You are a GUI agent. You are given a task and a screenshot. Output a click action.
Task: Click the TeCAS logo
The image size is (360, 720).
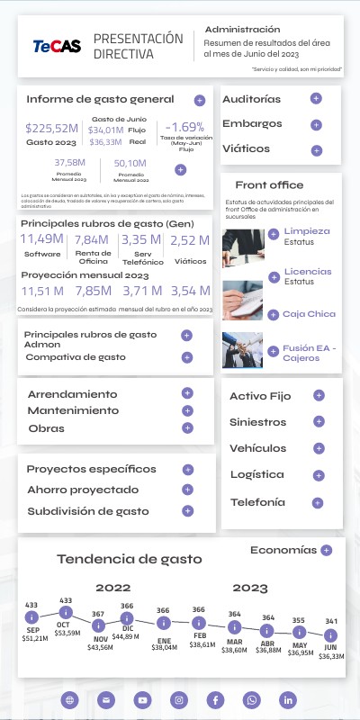point(56,46)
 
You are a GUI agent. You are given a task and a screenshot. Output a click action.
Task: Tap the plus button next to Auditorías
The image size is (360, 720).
point(316,98)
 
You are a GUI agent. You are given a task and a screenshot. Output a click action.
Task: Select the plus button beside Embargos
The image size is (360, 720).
point(316,124)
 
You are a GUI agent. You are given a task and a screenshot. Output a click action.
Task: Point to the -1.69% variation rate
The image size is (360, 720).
point(186,127)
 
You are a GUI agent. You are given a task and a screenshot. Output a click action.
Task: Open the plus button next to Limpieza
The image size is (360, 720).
point(273,235)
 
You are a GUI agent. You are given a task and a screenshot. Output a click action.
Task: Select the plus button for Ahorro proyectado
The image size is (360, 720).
point(187,490)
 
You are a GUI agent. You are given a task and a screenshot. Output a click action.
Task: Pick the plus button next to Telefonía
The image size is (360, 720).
point(317,502)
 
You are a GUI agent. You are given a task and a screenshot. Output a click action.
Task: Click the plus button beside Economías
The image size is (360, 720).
point(326,549)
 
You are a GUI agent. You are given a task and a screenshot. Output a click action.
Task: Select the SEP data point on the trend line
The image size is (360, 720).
point(31,617)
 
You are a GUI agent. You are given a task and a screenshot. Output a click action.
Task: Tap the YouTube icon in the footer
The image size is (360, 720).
point(142,699)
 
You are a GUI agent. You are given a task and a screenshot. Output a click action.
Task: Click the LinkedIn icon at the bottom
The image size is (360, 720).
point(288,699)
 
